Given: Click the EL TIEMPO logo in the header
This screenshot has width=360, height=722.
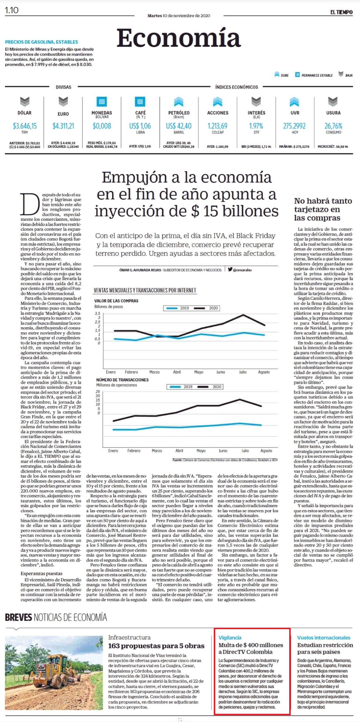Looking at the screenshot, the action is (x=341, y=12).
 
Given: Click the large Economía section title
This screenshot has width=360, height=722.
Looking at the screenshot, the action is (x=179, y=38).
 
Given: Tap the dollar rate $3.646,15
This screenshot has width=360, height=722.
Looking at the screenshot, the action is (x=25, y=126).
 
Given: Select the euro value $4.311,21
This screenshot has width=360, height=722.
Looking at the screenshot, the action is (x=63, y=126).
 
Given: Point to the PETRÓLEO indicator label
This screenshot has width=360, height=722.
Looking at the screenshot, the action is (x=179, y=113).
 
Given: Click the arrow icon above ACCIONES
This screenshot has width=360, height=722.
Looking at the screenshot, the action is (x=218, y=102).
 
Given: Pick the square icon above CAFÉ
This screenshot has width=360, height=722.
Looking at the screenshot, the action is (x=140, y=102).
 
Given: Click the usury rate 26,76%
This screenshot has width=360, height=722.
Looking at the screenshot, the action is (x=333, y=126).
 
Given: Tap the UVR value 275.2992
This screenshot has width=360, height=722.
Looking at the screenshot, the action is (x=294, y=126).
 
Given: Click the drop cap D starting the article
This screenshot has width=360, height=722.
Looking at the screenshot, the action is (x=30, y=204).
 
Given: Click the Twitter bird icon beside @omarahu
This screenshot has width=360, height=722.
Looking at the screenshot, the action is (x=230, y=269).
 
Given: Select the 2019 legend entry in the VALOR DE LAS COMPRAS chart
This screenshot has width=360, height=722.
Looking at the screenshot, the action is (x=178, y=308).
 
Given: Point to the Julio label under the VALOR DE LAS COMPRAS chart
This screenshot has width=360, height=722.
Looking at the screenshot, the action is (x=243, y=372).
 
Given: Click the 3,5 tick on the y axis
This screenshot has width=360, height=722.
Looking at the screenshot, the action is (x=97, y=313).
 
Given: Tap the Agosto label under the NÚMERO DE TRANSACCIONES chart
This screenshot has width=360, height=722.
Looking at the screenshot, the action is (x=266, y=451).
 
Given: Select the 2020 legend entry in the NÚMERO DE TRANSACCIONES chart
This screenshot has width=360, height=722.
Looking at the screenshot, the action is (x=209, y=387).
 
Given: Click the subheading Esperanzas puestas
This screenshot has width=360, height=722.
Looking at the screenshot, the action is (x=41, y=574).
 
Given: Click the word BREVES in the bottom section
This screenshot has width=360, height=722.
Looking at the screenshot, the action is (x=18, y=617).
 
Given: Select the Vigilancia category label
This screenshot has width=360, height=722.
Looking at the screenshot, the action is (x=230, y=638).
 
